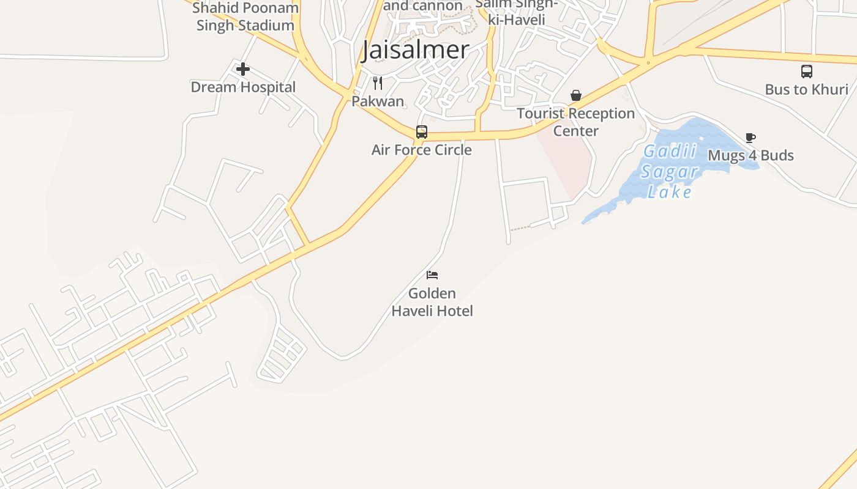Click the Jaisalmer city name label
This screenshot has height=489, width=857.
click(x=416, y=50)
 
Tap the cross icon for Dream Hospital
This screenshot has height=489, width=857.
click(x=243, y=69)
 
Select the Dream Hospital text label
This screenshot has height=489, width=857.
click(x=243, y=87)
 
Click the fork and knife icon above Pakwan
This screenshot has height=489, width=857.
click(x=378, y=83)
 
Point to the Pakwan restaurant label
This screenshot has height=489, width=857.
click(x=378, y=101)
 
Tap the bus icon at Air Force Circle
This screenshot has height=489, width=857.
click(x=422, y=131)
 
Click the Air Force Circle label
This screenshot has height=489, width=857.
click(x=422, y=150)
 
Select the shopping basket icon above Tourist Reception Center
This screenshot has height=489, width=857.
click(x=575, y=95)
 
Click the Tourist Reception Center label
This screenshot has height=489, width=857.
click(x=575, y=122)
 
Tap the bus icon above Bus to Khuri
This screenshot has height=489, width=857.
click(x=807, y=72)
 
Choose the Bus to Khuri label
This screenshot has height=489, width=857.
click(x=807, y=89)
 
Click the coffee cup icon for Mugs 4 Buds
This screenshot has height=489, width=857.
click(x=750, y=138)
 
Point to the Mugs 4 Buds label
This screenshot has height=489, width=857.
click(x=750, y=155)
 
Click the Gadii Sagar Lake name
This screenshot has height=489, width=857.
click(x=670, y=172)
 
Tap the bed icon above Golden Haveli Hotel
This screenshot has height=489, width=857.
click(x=432, y=275)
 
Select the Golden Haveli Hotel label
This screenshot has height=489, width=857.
click(x=432, y=302)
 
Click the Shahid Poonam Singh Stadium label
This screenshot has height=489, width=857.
click(x=245, y=17)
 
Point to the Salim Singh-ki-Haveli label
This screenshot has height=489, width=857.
click(x=517, y=12)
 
